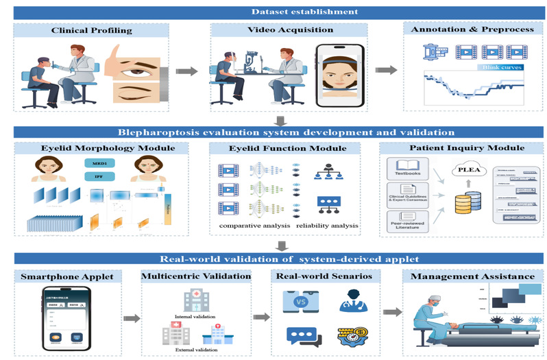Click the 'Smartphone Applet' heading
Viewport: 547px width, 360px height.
tap(64, 276)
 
